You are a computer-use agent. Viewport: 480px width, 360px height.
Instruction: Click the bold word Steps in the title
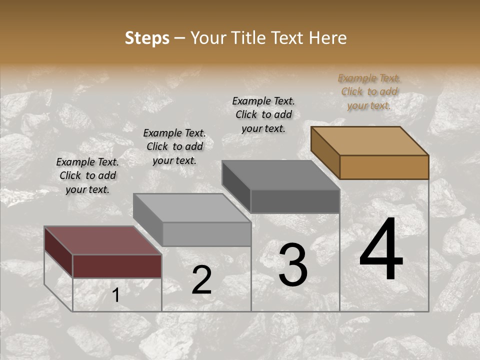147,38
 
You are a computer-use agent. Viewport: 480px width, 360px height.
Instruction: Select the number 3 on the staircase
292,266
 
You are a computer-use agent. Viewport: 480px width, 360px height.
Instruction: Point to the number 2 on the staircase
201,280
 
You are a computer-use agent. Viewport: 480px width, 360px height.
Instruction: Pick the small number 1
115,295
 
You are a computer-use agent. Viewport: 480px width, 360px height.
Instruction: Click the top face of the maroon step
102,240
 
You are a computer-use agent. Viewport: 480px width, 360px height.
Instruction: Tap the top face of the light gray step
191,207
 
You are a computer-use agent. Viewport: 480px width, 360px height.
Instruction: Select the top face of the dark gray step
280,175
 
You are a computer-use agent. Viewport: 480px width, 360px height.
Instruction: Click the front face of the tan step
384,167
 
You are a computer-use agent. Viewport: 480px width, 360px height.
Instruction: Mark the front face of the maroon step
117,266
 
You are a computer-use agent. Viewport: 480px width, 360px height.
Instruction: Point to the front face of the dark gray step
295,201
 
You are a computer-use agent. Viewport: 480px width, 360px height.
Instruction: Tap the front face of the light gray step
206,234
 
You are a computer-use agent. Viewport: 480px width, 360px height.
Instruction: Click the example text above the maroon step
87,175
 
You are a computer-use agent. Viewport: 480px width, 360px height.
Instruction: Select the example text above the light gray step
174,146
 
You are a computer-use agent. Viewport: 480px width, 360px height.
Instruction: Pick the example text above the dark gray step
263,114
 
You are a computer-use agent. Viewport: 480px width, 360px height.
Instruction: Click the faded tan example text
369,91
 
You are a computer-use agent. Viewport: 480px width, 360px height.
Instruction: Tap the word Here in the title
327,38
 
